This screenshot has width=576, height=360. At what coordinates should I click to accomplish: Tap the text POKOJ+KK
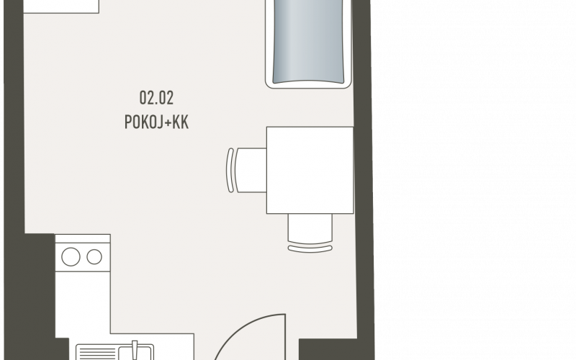tap(156, 122)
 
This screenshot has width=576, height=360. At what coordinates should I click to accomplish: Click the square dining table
tap(310, 170)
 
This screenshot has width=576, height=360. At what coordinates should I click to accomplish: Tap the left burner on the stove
tap(71, 256)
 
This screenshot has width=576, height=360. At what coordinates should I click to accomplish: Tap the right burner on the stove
tap(94, 256)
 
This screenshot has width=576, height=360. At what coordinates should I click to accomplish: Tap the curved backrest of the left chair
tap(230, 170)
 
